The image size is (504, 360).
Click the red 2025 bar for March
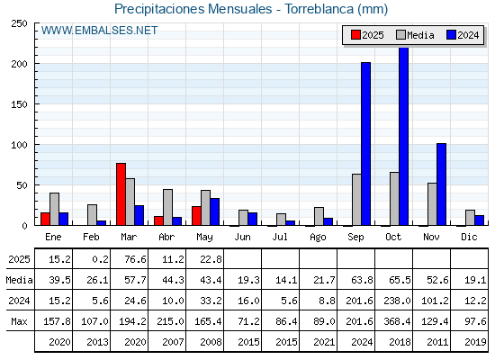click(x=121, y=194)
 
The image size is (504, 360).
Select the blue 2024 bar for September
click(x=365, y=144)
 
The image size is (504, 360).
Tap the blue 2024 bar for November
click(x=441, y=184)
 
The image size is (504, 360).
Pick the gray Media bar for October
click(x=394, y=199)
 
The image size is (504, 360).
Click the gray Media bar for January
click(x=54, y=209)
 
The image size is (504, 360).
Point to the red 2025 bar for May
click(x=196, y=216)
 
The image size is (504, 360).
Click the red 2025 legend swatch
click(x=355, y=35)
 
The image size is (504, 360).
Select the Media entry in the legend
click(x=415, y=35)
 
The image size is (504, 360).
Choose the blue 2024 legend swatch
click(x=451, y=35)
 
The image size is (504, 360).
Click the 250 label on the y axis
click(x=19, y=23)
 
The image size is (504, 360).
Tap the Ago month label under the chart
click(x=318, y=238)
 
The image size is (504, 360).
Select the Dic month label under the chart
click(x=469, y=237)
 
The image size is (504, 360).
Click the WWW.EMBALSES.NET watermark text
click(x=99, y=31)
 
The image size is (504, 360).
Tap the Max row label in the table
click(x=19, y=321)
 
